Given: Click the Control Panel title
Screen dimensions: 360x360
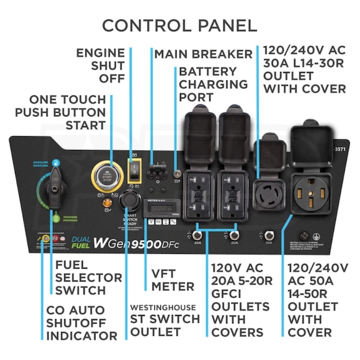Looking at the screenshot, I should click(x=179, y=25).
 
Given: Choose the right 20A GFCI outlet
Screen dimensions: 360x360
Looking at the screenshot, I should click(x=233, y=194).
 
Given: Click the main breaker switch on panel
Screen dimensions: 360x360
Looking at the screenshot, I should click(x=158, y=172).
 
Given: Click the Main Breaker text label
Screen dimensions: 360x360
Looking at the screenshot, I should click(x=203, y=54).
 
